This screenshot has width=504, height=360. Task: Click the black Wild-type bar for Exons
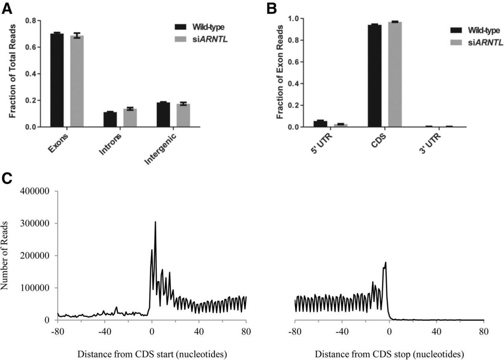click(57, 80)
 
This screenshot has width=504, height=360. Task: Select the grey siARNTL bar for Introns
click(130, 118)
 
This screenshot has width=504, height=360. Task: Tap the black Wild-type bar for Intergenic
click(163, 115)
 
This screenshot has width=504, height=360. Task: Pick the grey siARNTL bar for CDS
click(395, 74)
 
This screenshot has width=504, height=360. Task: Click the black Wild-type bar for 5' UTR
click(321, 124)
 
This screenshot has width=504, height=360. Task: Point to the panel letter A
click(7, 9)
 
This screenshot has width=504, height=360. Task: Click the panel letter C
click(7, 179)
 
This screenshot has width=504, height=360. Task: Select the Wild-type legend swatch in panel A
click(180, 27)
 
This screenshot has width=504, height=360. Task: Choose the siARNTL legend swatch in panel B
click(456, 43)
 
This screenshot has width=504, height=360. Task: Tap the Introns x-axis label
click(110, 144)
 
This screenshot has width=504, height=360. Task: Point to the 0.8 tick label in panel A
click(31, 21)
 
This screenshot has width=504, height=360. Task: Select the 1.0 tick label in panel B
click(294, 19)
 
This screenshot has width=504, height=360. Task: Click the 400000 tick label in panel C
click(35, 191)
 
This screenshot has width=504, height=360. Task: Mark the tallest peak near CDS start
click(155, 222)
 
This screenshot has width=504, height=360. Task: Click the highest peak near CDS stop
click(385, 262)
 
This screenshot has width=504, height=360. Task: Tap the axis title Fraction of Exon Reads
click(280, 72)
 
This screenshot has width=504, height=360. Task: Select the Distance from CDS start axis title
click(152, 354)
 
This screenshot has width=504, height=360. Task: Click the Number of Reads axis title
click(4, 256)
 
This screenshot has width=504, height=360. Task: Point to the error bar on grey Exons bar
click(77, 35)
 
